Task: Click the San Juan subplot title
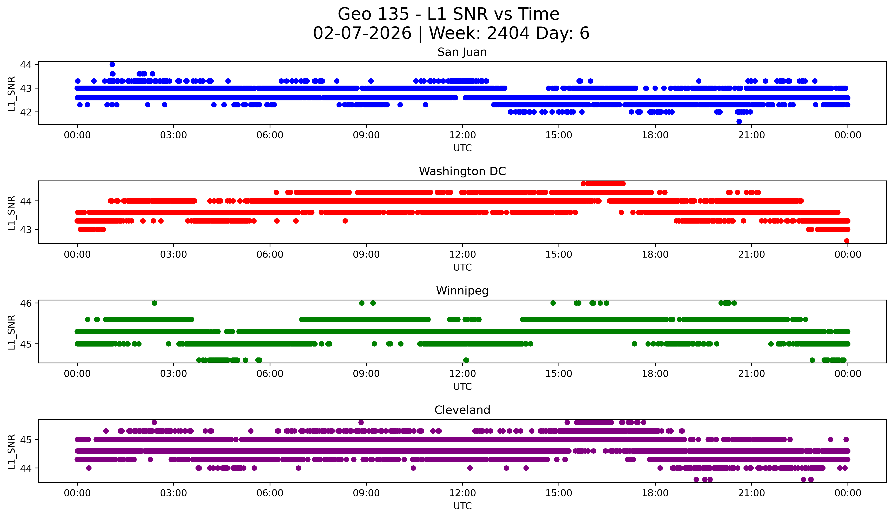462,52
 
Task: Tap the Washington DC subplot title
462,171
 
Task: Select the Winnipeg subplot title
462,291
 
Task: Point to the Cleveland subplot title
462,410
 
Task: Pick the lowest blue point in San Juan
739,121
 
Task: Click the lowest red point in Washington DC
847,241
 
